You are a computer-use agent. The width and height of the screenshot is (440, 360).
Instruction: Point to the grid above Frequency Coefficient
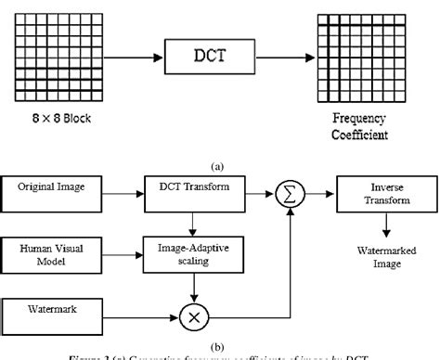[x=356, y=53]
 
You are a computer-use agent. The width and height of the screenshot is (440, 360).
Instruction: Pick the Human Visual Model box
[x=57, y=252]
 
